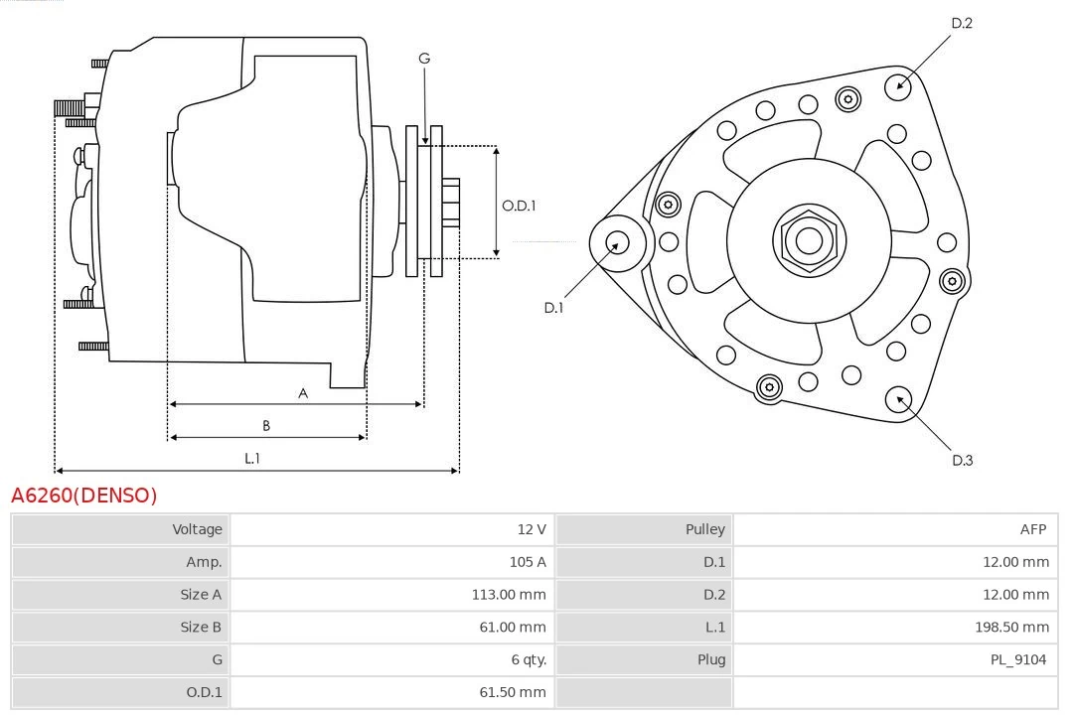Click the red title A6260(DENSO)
point(84,496)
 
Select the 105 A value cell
point(527,562)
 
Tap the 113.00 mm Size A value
point(509,595)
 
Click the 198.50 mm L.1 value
point(1011,628)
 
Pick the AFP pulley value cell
point(1032,529)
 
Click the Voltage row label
point(197,529)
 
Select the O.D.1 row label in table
point(204,692)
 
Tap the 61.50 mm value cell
point(513,692)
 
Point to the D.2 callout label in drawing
point(962,23)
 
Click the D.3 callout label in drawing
point(962,460)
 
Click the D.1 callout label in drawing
point(553,308)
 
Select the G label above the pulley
point(424,59)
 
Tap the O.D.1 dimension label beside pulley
point(519,206)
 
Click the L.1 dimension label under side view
point(252,458)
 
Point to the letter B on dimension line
point(266,425)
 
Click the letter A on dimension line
point(303,393)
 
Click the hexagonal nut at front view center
point(809,240)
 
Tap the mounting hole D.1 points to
point(617,241)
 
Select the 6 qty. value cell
point(529,659)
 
